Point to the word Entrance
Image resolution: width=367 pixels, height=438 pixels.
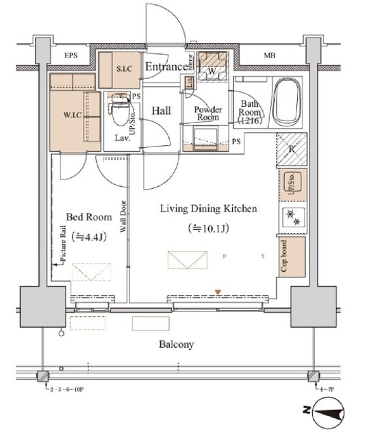click(x=166, y=66)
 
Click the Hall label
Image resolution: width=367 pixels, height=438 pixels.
click(x=162, y=109)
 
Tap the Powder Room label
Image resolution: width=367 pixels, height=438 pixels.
click(x=206, y=114)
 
